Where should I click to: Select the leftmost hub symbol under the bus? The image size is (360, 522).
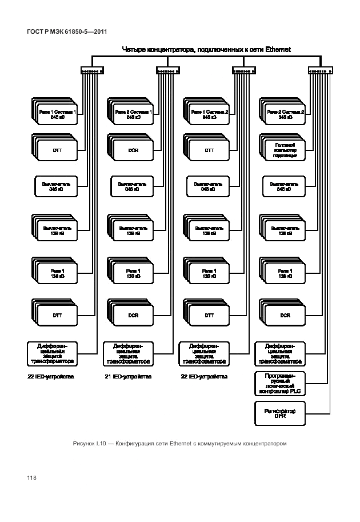(92, 71)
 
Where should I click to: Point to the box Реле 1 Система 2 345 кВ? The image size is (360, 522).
(209, 114)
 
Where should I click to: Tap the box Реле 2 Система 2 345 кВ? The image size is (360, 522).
(285, 114)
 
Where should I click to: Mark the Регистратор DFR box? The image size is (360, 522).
(280, 414)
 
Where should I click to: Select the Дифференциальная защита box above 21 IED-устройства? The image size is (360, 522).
(128, 353)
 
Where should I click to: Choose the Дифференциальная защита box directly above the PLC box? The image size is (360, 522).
(280, 353)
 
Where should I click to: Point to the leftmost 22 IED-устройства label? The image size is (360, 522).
(51, 377)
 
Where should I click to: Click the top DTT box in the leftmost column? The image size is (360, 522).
(57, 150)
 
